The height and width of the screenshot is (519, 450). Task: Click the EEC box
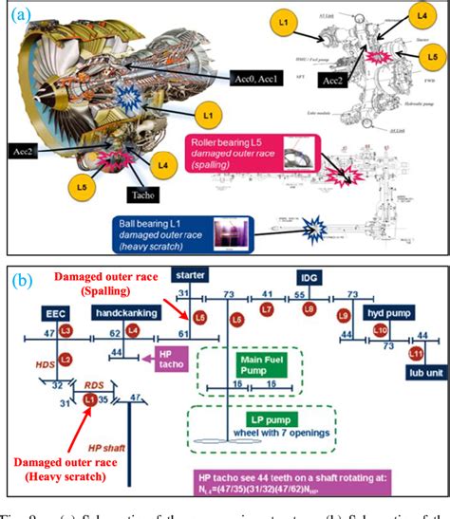(x=53, y=310)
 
